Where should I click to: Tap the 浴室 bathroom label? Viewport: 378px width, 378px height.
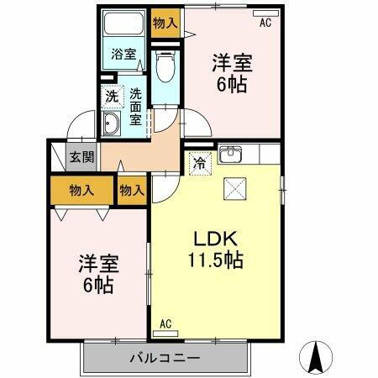[124, 55]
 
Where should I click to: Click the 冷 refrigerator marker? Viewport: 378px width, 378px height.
[200, 163]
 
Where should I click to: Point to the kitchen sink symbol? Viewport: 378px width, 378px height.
[230, 155]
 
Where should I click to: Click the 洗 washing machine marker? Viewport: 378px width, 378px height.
[112, 97]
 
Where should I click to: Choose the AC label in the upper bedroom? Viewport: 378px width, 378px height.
[265, 23]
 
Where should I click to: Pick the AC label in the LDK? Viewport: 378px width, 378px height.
[166, 323]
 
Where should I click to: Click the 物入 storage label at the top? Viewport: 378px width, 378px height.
[164, 23]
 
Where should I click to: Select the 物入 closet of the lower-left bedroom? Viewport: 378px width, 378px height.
[81, 192]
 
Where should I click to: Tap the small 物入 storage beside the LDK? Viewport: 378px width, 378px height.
[132, 192]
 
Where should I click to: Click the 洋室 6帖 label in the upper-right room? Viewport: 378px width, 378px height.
[232, 72]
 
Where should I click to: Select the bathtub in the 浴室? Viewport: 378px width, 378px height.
[124, 29]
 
